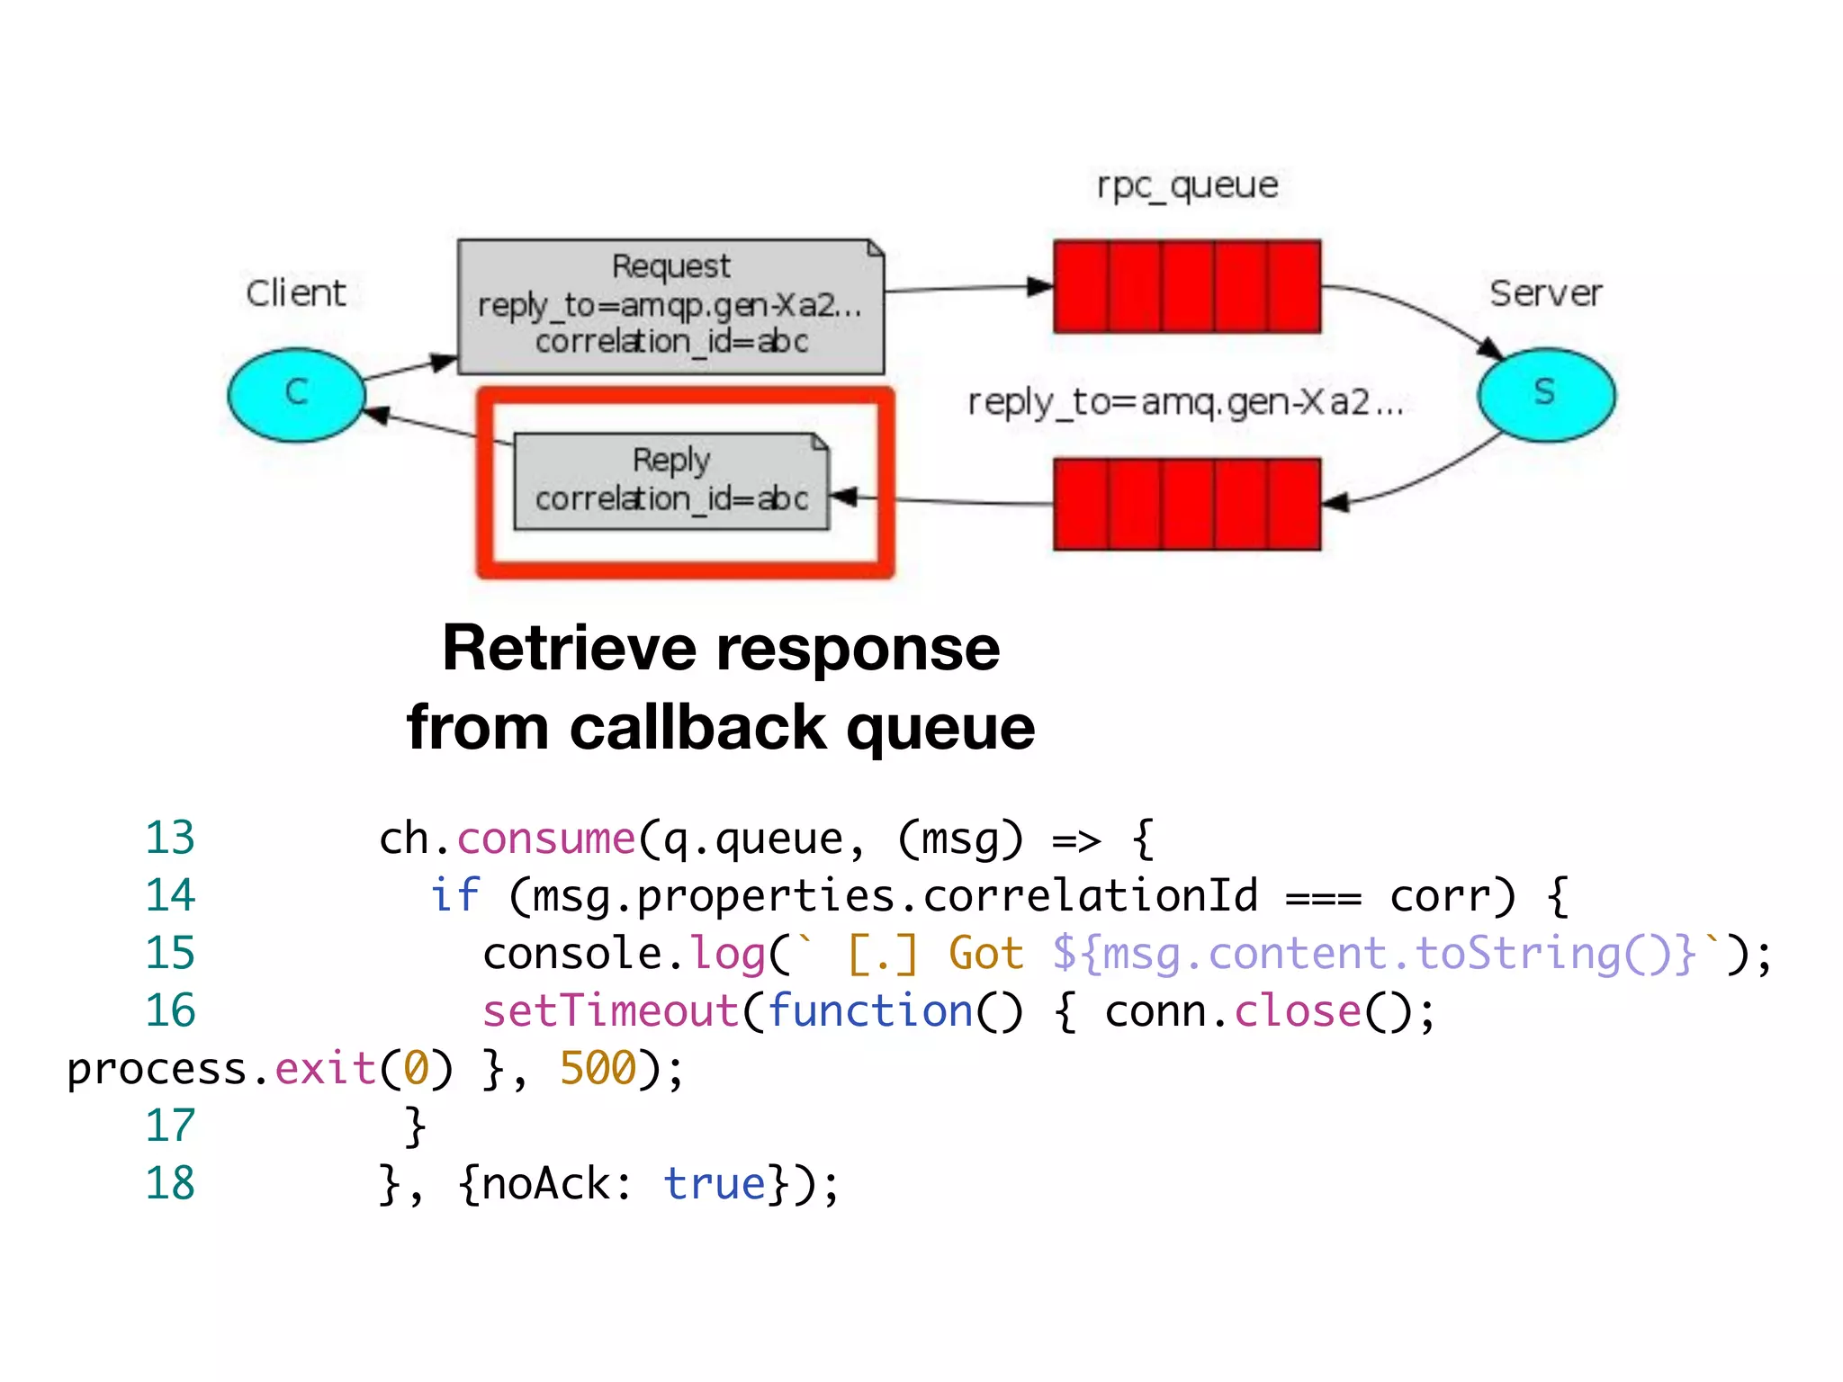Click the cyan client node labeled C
coord(296,394)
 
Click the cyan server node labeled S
coord(1546,394)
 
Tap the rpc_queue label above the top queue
coord(1187,185)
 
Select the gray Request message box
coord(670,306)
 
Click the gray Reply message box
coord(670,481)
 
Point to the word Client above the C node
coord(296,293)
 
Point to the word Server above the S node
coord(1546,293)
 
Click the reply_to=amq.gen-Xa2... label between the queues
coord(1185,402)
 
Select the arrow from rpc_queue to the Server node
coord(1422,310)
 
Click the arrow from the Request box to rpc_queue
coord(967,289)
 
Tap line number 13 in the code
coord(170,839)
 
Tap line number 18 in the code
coord(170,1183)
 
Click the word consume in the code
coord(546,839)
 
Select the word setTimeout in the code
coord(610,1011)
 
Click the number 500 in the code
coord(598,1069)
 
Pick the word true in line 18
coord(715,1184)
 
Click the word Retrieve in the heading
coord(569,648)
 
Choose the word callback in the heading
coord(697,727)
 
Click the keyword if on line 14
coord(454,896)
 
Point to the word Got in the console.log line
coord(986,954)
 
